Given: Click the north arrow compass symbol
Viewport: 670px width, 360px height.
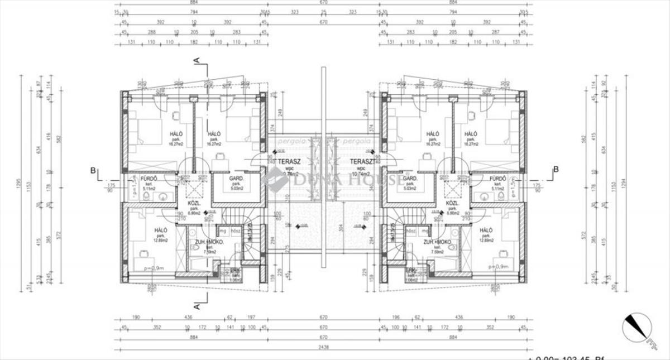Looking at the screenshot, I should [x=636, y=329].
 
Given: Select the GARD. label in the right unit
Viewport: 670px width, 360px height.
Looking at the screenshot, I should [x=411, y=179].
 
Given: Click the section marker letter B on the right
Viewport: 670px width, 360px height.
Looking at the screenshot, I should [x=556, y=170].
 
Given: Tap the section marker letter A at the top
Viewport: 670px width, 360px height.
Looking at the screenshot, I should [x=196, y=60].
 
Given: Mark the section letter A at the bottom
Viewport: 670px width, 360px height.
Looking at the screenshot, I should [x=196, y=305].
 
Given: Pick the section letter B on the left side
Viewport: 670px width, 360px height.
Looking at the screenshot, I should [x=93, y=170].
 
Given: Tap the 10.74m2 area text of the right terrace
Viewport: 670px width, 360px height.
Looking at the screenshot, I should [x=358, y=174].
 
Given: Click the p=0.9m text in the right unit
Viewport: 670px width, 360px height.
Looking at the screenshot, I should [x=498, y=267].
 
